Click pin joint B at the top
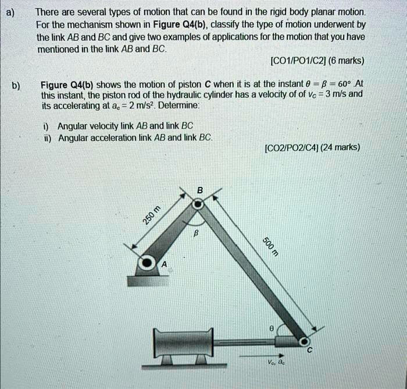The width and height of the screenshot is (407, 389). pyautogui.click(x=199, y=204)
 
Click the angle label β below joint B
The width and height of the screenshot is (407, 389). pyautogui.click(x=197, y=232)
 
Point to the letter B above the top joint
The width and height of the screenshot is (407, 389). pyautogui.click(x=200, y=190)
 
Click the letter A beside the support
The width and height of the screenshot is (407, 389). pyautogui.click(x=164, y=265)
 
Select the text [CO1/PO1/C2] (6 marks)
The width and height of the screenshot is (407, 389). pyautogui.click(x=317, y=61)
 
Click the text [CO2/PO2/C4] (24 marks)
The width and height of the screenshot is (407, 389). pyautogui.click(x=312, y=147)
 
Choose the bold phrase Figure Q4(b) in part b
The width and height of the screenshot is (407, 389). pyautogui.click(x=67, y=84)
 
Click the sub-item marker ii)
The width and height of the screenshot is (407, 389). pyautogui.click(x=47, y=137)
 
